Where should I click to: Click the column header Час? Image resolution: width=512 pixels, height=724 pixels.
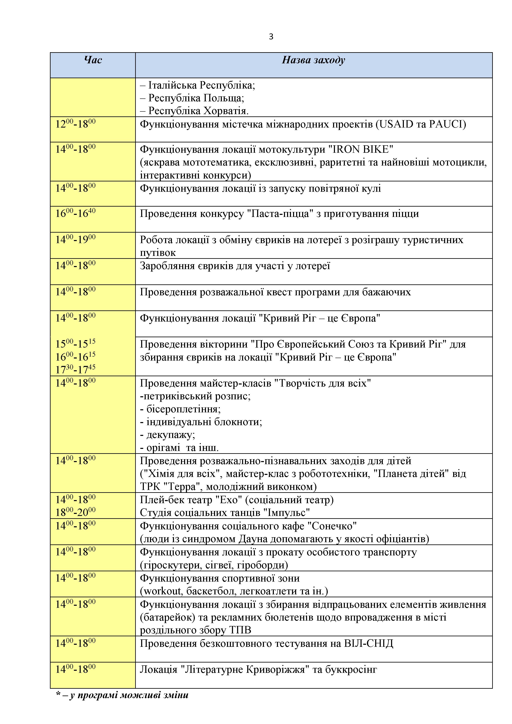point(93,60)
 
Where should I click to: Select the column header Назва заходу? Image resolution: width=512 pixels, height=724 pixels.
point(313,60)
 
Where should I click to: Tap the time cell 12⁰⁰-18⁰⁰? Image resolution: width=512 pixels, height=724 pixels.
point(75,124)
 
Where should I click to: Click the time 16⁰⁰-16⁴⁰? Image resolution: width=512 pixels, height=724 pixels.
point(75,213)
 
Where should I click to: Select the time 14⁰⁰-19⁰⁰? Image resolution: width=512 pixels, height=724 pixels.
point(75,239)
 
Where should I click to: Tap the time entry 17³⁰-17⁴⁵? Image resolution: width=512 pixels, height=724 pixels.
point(75,369)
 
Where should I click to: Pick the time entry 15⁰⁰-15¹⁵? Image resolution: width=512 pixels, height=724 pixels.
point(75,343)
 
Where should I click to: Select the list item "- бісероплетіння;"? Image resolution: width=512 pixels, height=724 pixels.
point(180,409)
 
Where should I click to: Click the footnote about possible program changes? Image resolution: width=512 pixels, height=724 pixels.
point(122,695)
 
